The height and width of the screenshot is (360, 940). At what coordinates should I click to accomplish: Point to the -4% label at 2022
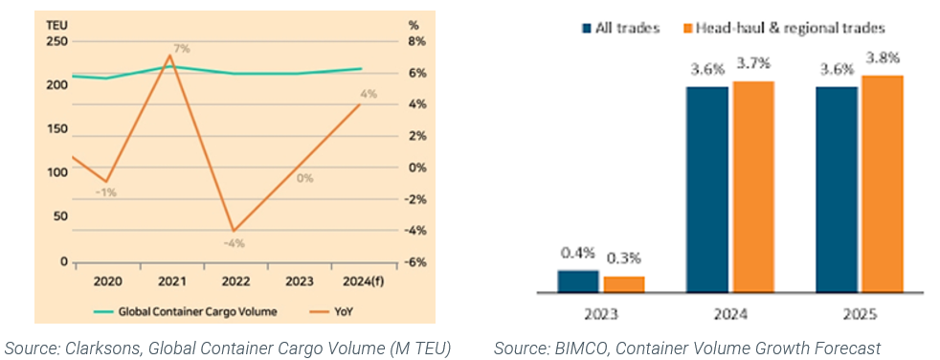(x=235, y=242)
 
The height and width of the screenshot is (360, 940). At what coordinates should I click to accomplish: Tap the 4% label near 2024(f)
(x=369, y=94)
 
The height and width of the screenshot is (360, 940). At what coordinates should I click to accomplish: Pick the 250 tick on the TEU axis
(x=56, y=41)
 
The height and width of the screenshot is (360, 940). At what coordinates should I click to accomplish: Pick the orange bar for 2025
(x=882, y=183)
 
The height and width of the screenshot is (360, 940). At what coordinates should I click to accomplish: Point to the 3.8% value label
(x=882, y=57)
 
